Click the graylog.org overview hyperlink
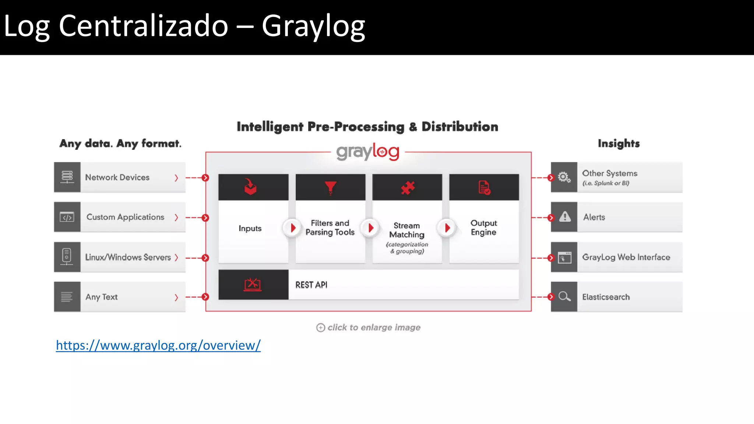pos(158,345)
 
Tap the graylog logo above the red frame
pos(367,152)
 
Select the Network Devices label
pos(117,177)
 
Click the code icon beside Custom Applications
pos(67,217)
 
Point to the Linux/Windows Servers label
pos(128,257)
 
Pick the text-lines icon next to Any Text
pos(67,297)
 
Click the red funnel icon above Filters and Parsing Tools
pos(330,187)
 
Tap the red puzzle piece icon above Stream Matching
pos(408,188)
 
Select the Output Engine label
pos(483,228)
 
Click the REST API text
pos(311,285)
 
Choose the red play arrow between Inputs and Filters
pos(293,228)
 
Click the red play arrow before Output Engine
pos(447,228)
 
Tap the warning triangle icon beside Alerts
pos(565,217)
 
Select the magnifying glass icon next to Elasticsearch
pos(564,296)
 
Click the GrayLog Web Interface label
pos(626,257)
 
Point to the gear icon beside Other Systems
pos(564,177)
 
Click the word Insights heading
pos(619,143)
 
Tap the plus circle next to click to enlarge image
pos(321,328)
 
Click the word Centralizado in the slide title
pos(144,26)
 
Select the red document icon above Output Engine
pos(484,187)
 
